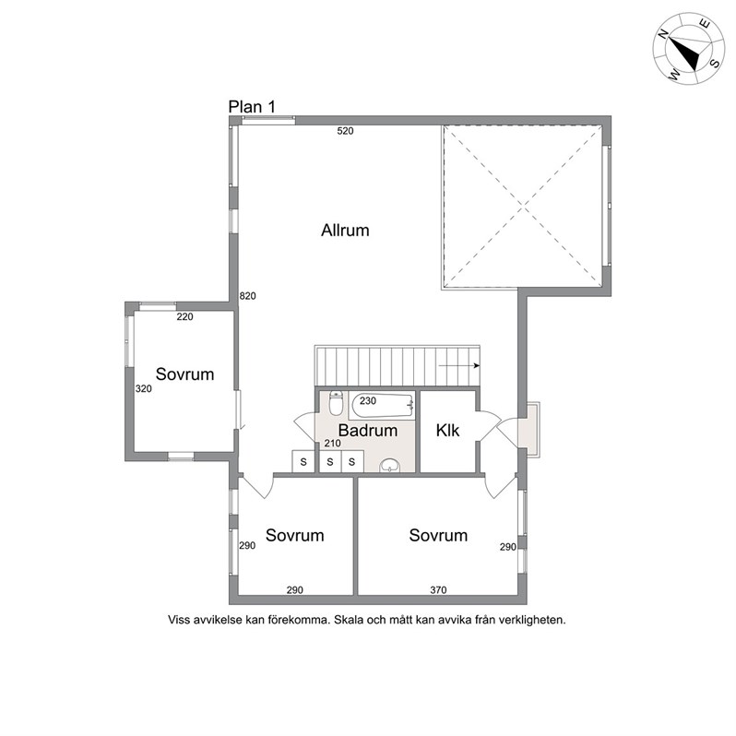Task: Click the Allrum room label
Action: tap(345, 231)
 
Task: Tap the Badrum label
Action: tap(367, 431)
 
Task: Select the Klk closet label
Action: tap(447, 431)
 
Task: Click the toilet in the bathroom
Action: tap(336, 403)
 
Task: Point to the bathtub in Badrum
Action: tap(382, 406)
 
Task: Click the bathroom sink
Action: tap(389, 465)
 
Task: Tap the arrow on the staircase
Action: tap(459, 365)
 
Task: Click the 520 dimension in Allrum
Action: tap(345, 131)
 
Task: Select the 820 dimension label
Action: tap(248, 296)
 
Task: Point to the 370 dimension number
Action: tap(438, 590)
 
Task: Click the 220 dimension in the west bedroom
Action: tap(185, 317)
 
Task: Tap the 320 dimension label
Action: tap(144, 388)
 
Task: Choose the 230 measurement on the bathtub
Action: tap(368, 401)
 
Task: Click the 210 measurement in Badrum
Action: tap(332, 443)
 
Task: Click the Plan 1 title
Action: tap(252, 107)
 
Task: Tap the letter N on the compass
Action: tap(662, 34)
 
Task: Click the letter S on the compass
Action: tap(715, 63)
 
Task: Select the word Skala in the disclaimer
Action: tap(349, 620)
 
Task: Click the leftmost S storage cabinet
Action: tap(303, 461)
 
